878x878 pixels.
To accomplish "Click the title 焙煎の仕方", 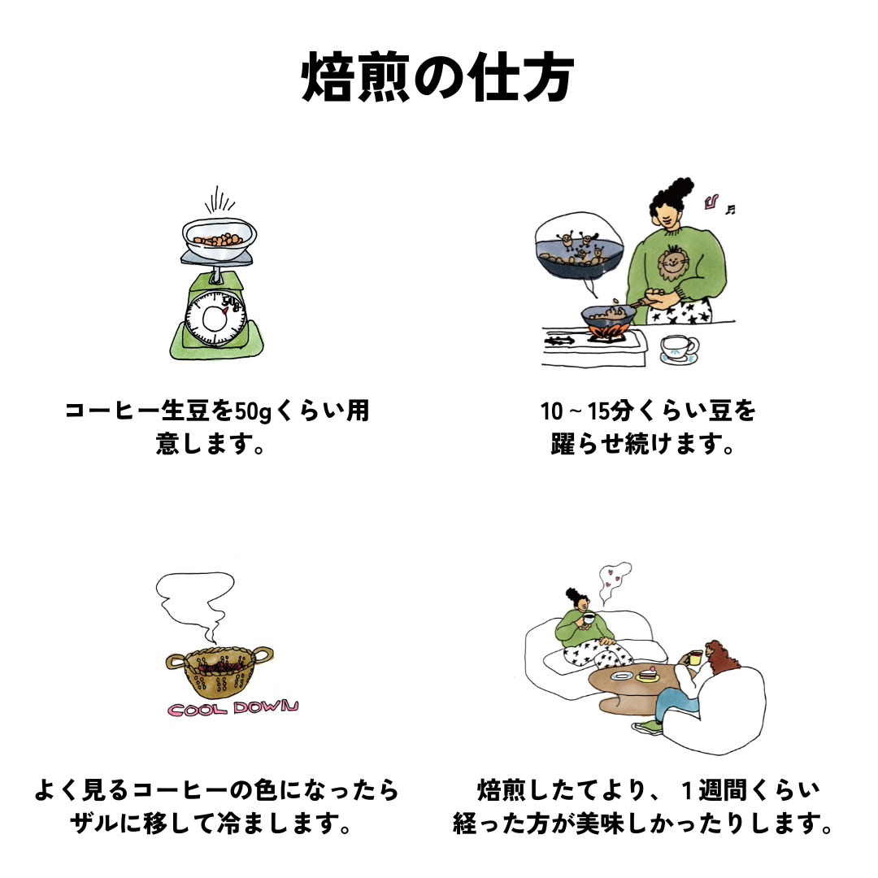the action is coord(437,77).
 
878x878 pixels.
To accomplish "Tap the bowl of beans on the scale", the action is coord(219,239).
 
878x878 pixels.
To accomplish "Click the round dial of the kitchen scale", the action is coord(215,319).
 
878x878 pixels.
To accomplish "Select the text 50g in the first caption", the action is coord(252,411).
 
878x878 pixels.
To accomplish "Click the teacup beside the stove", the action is coord(679,350).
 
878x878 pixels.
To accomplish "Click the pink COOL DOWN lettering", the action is coord(233,708).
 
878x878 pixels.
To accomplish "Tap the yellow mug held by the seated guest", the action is coord(695,658).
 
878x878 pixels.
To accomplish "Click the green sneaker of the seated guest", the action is coord(647,727).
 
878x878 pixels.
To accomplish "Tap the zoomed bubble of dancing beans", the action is coord(579,246).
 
